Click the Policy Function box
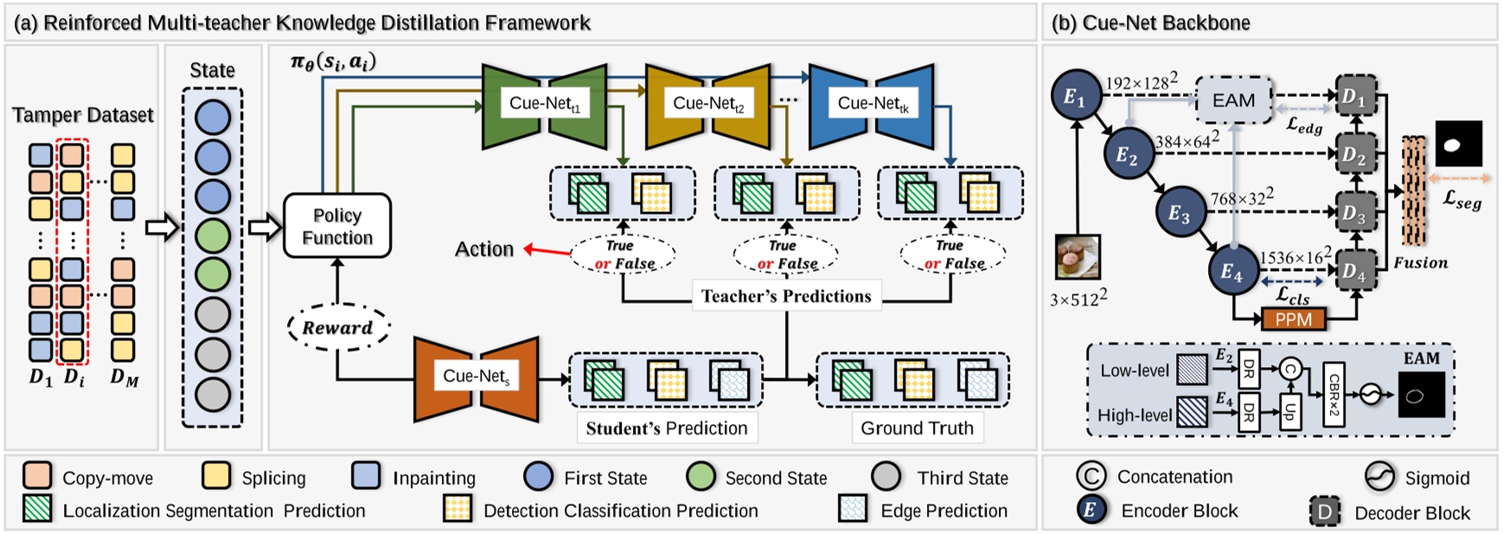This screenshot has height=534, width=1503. point(337,226)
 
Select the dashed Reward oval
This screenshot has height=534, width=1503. point(337,327)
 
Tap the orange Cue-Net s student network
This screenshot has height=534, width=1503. point(476,377)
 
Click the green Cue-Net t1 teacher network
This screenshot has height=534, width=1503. point(544,104)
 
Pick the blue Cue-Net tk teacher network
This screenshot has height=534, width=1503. point(872,104)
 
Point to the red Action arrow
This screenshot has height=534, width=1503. point(547,252)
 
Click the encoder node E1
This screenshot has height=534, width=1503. point(1074,97)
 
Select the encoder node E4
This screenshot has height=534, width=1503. point(1231,272)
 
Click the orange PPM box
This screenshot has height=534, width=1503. point(1294,319)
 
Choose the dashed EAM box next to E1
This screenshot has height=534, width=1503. point(1233,100)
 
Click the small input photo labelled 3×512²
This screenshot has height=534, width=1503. point(1078,258)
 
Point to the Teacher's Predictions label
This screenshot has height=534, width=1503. point(785,296)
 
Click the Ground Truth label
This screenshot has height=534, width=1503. point(917,428)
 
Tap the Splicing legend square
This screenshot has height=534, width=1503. point(216,476)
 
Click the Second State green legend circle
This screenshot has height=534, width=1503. point(700,476)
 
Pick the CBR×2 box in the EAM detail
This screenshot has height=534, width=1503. point(1334,394)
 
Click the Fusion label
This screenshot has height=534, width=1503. point(1420,262)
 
